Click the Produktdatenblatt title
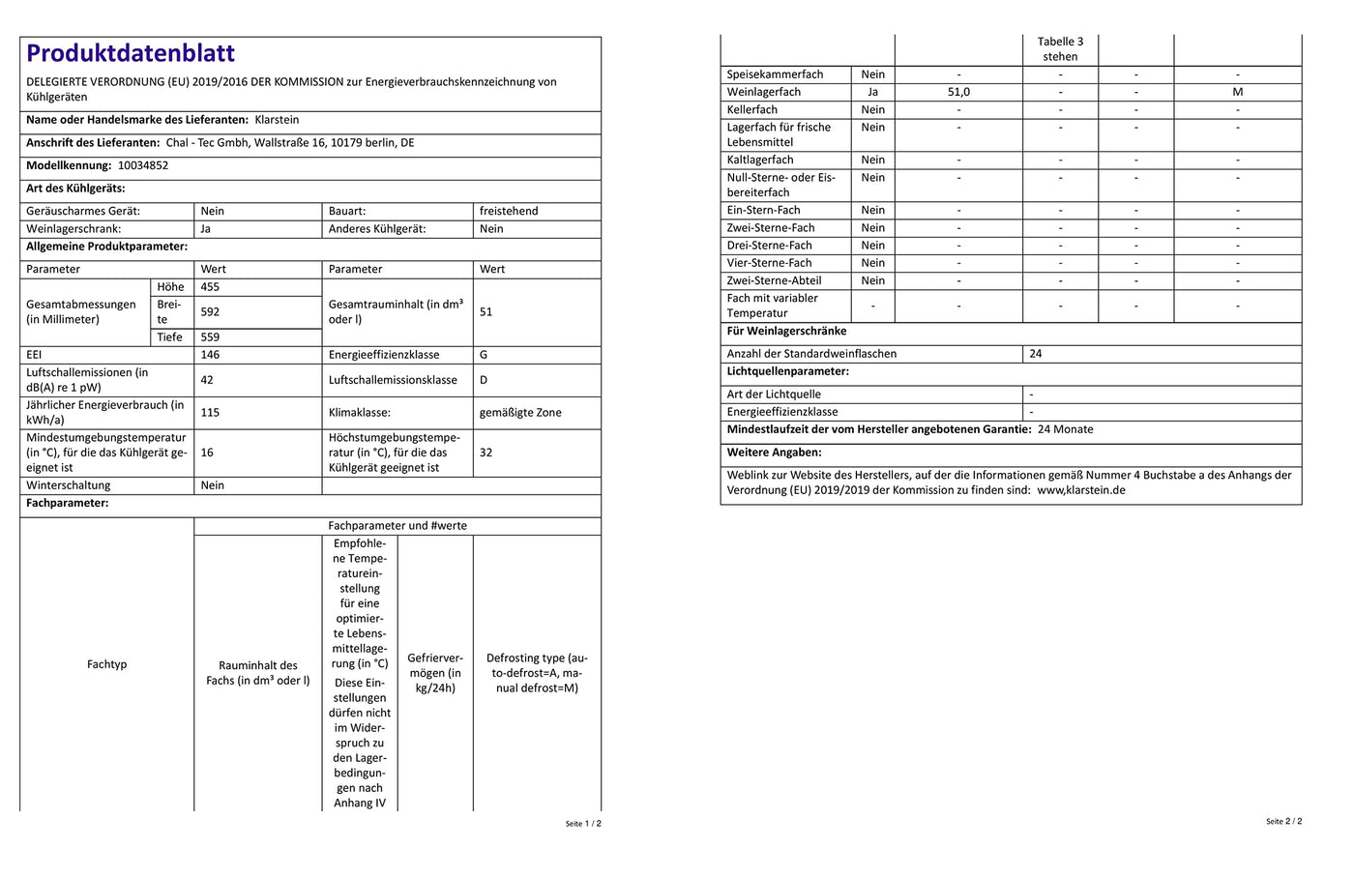(131, 53)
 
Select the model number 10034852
(143, 165)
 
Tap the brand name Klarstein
(277, 120)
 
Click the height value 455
(210, 287)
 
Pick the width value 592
(210, 312)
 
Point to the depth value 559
(210, 337)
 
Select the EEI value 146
(210, 355)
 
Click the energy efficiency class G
(484, 355)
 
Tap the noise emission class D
(484, 380)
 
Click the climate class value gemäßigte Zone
(520, 412)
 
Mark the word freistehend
(509, 211)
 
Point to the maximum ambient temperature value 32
(486, 453)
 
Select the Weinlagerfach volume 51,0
(958, 92)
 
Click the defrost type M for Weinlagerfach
(1237, 92)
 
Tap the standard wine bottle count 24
(1036, 354)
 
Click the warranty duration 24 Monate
(1065, 429)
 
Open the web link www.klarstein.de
(1081, 490)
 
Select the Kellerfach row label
(752, 110)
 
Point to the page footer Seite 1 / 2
(583, 824)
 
